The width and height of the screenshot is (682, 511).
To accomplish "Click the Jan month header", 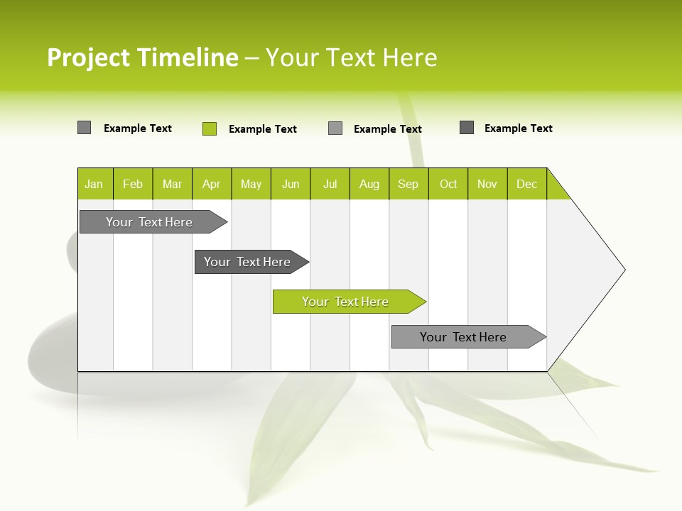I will (x=94, y=184).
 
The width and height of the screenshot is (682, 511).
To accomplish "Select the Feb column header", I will (x=133, y=184).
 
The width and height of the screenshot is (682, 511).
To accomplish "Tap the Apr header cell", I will (x=212, y=184).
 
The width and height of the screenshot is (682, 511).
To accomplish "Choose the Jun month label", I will (x=291, y=184).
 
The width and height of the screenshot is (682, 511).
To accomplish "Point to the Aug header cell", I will (x=369, y=184).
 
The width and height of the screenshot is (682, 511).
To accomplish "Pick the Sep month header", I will (x=408, y=184).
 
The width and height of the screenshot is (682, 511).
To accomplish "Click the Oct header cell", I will (x=448, y=184).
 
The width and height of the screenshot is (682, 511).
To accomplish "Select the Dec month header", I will (x=527, y=184).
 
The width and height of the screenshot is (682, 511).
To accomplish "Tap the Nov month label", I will (x=487, y=184).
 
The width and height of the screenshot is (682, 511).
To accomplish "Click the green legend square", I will (x=210, y=128).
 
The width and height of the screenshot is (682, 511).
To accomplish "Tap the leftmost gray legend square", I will (x=85, y=128).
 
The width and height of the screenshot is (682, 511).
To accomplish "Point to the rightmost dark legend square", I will (x=467, y=128).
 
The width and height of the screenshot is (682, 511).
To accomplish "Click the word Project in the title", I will (x=89, y=57).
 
